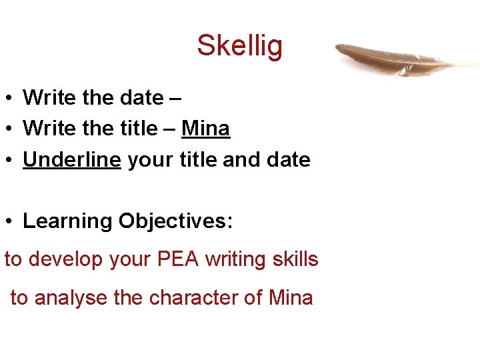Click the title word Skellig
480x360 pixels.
[x=239, y=46]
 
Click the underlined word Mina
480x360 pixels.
[x=206, y=129]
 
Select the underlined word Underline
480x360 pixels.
[x=72, y=160]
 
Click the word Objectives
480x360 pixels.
[x=175, y=221]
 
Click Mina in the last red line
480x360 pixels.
[x=291, y=297]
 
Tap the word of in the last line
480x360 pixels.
[x=254, y=297]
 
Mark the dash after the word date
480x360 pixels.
[x=176, y=98]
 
